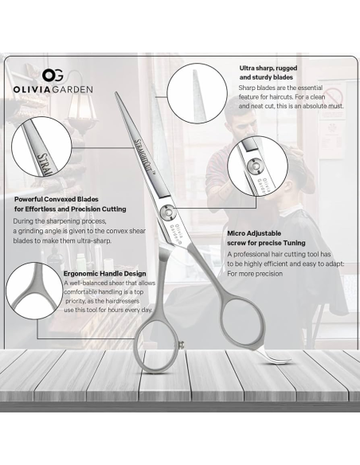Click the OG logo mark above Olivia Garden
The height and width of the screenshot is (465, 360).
point(53,76)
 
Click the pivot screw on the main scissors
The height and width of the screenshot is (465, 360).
point(167,213)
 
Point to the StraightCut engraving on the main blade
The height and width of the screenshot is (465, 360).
point(146,156)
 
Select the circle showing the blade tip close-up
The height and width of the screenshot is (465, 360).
point(197,93)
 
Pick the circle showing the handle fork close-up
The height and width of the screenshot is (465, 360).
point(34,291)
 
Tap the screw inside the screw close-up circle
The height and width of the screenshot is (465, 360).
point(255,166)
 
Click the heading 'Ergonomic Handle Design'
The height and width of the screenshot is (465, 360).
point(104,273)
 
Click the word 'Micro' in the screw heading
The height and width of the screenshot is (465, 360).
point(236,233)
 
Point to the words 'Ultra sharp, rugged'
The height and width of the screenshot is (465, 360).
point(268,68)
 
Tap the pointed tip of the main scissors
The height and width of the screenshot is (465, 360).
point(116,93)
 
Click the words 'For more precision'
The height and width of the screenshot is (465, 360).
point(255,273)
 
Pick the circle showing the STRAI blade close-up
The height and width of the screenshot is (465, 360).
point(41,147)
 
